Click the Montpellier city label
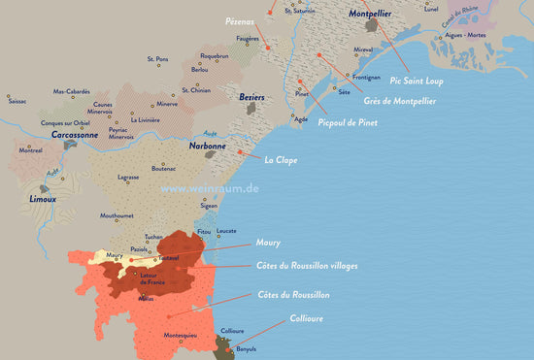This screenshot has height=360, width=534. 371,15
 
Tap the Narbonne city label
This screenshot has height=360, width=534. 208,146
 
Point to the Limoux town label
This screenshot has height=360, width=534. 42,199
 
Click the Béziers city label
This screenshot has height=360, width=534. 251,98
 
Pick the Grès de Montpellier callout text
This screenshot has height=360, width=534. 400,101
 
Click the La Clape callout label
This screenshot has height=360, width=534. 280,160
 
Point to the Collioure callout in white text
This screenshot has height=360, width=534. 307,318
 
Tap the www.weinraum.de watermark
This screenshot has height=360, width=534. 210,189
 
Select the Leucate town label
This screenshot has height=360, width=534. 226,231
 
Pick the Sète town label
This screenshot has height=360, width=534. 344,92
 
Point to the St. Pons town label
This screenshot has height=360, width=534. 157,59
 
